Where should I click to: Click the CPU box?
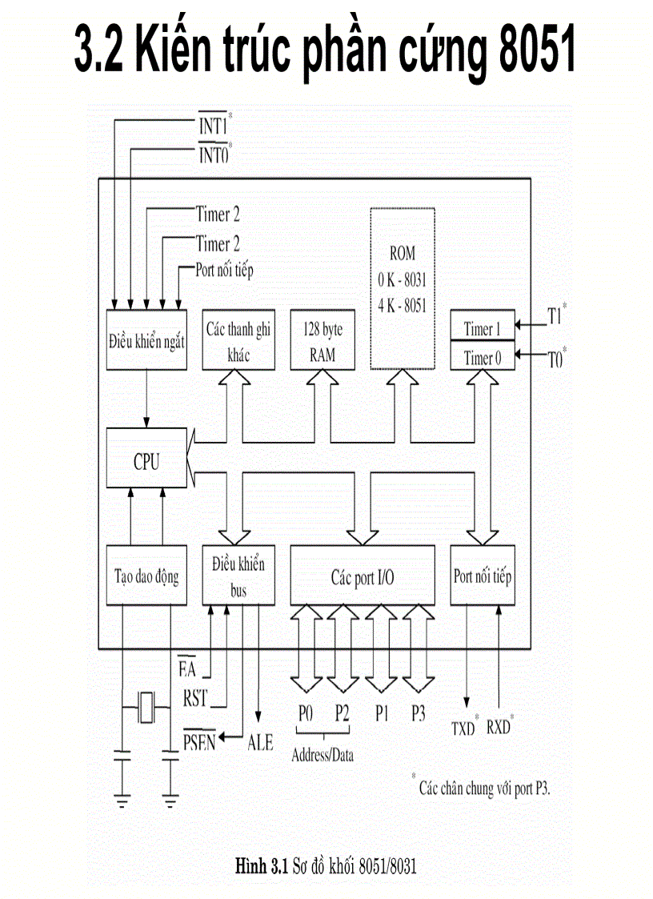point(146,461)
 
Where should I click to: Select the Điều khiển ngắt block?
point(146,340)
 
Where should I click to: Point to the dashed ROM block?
point(403,288)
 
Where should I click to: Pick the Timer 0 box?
point(483,357)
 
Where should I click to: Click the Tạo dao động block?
point(146,576)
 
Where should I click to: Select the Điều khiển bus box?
point(238,576)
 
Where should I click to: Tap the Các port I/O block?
point(363,576)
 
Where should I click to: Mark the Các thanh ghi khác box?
point(238,340)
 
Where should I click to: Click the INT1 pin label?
point(214,126)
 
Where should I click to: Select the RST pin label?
point(195,697)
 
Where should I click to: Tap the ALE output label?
point(259,743)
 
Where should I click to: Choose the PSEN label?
point(200,741)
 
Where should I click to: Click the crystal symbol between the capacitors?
point(146,708)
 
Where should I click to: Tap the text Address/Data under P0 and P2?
point(322,755)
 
